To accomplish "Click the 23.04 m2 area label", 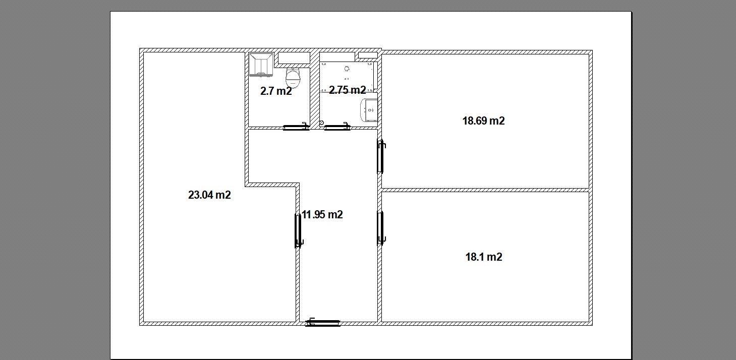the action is (x=209, y=195).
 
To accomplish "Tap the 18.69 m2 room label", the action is (x=483, y=121).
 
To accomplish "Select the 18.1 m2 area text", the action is (x=484, y=257).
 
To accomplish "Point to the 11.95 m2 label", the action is (x=322, y=214).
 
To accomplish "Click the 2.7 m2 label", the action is (x=276, y=91).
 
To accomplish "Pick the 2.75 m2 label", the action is (x=347, y=90).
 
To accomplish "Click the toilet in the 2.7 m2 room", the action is (x=293, y=78).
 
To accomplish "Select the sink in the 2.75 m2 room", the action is (x=369, y=110).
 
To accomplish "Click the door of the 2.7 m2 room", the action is (x=296, y=127).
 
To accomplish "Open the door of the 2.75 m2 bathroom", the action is (x=337, y=127).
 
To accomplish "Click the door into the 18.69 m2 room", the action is (x=381, y=156).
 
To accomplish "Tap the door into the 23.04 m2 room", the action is (x=298, y=230).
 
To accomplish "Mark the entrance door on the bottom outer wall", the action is (x=323, y=322).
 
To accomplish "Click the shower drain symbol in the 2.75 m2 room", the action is (x=347, y=69).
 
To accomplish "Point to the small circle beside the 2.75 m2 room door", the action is (x=321, y=123).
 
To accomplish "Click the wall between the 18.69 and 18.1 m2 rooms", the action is (x=485, y=190).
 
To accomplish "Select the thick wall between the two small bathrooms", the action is (x=315, y=89).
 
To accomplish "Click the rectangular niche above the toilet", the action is (x=294, y=58).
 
